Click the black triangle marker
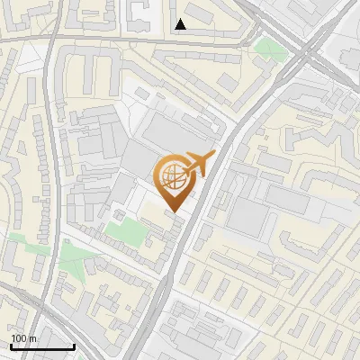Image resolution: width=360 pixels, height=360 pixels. click(181, 24)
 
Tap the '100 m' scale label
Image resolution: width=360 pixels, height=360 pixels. click(23, 338)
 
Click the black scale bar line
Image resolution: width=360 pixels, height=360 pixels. click(41, 346)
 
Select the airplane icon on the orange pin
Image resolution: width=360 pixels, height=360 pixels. click(197, 164)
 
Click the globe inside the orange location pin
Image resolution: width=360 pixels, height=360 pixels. click(174, 176)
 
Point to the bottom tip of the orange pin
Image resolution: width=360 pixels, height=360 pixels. click(175, 213)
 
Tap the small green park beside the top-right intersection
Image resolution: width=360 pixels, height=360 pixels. click(267, 46)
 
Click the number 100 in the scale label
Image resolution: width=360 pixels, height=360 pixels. click(19, 338)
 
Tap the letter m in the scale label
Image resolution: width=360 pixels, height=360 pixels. click(32, 338)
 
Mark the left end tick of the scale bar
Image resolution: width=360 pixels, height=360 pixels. click(10, 345)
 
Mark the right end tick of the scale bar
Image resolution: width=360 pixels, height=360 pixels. click(74, 345)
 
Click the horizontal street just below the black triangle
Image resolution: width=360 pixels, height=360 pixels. click(180, 40)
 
